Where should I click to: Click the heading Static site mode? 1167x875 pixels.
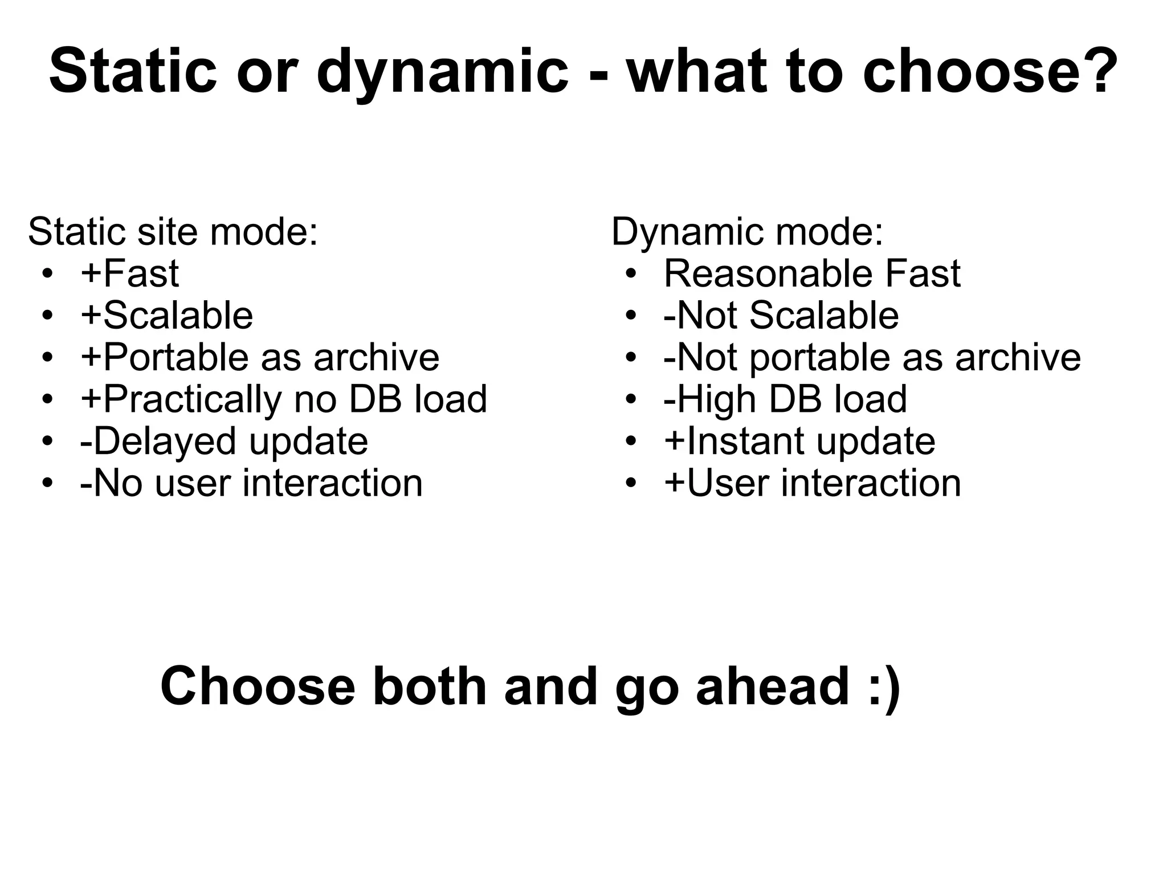(173, 232)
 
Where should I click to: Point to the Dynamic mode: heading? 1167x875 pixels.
(747, 232)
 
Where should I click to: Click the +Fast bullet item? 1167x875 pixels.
(130, 273)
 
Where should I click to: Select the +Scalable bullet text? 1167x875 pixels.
(167, 315)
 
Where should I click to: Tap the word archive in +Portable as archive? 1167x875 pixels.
(376, 358)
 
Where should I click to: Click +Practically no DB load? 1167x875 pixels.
(284, 399)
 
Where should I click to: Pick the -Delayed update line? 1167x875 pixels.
(224, 441)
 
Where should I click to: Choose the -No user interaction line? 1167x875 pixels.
(251, 483)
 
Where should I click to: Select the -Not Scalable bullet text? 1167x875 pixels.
(781, 315)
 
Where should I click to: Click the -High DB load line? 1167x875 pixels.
(785, 399)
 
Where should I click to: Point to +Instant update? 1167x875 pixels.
(799, 441)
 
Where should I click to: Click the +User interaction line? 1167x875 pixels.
(813, 483)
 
